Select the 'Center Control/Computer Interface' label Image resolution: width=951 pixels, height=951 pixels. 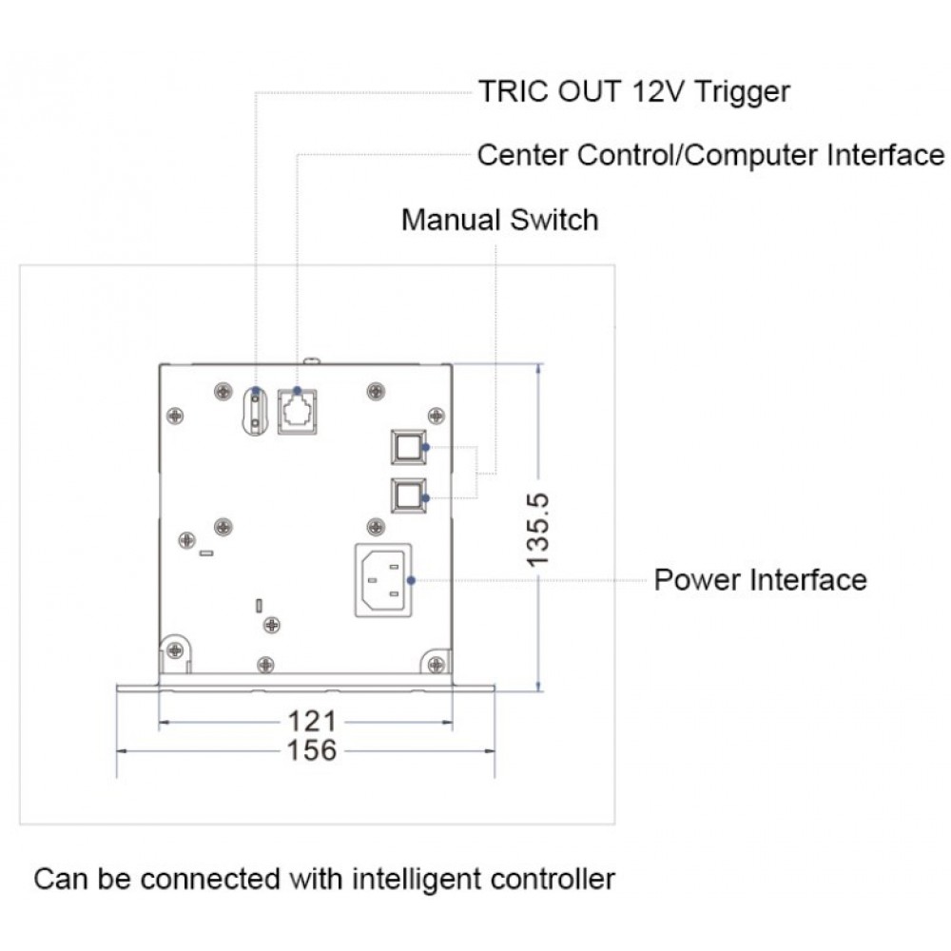click(710, 155)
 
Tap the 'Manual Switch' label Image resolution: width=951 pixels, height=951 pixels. click(500, 220)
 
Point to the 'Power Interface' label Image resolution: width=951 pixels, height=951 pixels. click(761, 580)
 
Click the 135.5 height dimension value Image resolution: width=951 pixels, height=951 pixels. click(538, 530)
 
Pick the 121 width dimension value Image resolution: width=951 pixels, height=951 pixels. click(312, 722)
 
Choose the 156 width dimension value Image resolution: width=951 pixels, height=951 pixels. click(312, 750)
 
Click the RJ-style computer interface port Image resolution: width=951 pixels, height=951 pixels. click(297, 412)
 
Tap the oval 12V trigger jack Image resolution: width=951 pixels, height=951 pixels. click(255, 411)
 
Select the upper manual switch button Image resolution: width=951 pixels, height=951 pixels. click(408, 447)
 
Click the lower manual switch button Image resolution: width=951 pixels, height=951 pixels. click(408, 495)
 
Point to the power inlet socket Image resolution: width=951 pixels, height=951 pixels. click(383, 580)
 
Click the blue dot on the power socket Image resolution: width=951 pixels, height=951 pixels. click(411, 580)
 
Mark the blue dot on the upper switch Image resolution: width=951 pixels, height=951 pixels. click(426, 447)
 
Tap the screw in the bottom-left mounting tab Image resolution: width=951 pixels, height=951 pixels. click(175, 650)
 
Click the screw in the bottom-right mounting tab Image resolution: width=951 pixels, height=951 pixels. click(437, 665)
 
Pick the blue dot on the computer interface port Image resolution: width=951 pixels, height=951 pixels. click(297, 390)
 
